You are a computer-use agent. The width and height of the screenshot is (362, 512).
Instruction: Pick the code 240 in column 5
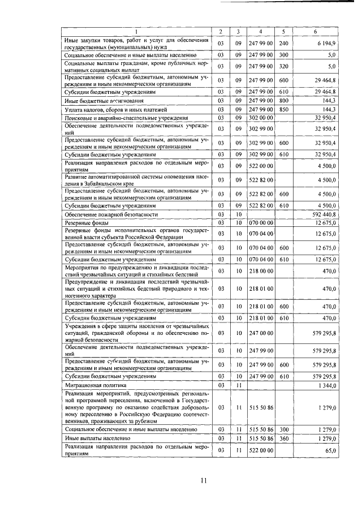click(x=284, y=43)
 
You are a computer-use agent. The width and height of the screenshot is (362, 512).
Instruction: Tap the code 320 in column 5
click(x=284, y=66)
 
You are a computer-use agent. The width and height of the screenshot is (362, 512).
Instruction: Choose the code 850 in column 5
click(x=284, y=109)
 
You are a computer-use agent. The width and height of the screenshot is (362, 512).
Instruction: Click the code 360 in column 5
click(x=284, y=438)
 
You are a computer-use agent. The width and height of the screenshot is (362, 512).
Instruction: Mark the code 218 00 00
click(x=261, y=271)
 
